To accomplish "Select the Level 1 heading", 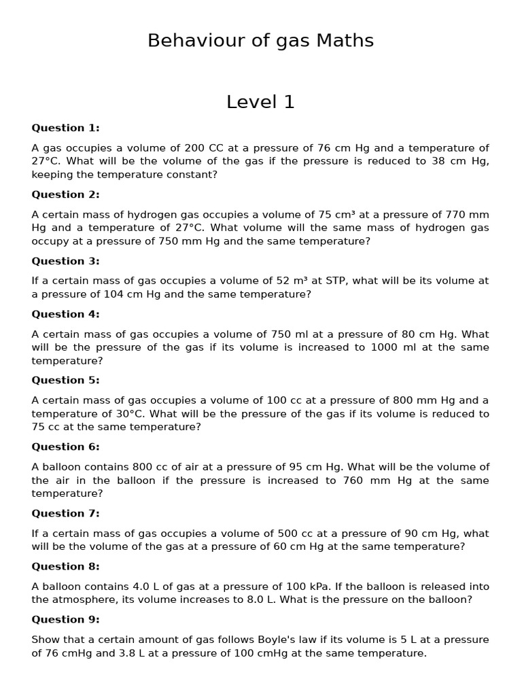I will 260,102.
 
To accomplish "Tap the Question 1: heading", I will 65,128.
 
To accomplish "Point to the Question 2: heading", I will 65,194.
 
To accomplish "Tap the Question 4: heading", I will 65,314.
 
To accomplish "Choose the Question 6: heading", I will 65,447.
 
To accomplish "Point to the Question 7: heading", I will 65,513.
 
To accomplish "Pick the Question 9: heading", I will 65,619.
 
